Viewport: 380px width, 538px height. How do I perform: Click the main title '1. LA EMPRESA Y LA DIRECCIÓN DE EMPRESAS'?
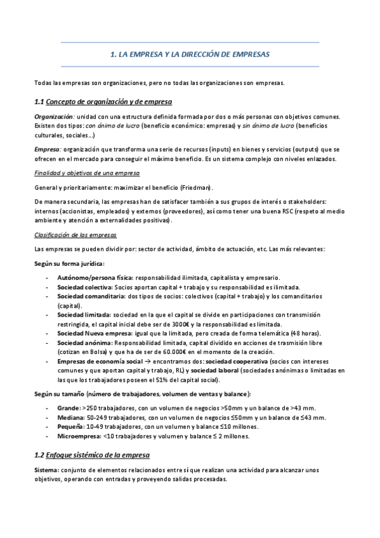(x=190, y=55)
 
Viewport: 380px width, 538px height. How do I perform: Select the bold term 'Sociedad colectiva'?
(x=82, y=287)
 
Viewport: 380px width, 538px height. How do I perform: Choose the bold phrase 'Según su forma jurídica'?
(x=69, y=263)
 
